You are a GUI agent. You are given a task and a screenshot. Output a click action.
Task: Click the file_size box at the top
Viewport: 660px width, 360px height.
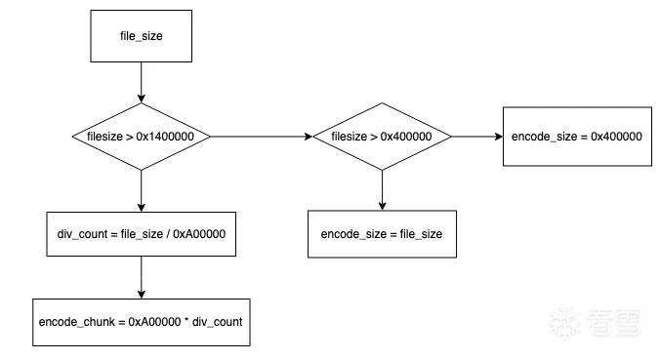coord(141,36)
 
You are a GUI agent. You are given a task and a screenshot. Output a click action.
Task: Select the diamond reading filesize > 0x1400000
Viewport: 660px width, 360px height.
coord(141,137)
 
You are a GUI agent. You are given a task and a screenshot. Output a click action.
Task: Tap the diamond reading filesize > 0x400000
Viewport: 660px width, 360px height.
coord(382,137)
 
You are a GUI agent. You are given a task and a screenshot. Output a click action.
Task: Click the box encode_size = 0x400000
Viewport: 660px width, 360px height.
coord(577,137)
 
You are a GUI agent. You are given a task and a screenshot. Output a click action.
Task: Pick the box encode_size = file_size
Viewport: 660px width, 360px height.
coord(382,234)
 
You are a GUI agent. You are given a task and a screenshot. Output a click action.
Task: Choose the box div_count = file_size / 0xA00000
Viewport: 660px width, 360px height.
coord(141,234)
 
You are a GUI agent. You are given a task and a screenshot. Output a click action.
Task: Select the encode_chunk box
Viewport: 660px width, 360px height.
coord(141,322)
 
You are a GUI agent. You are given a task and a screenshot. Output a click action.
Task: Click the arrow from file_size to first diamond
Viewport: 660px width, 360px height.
coord(141,82)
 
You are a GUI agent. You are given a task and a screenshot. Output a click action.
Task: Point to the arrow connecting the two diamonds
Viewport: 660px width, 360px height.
coord(262,137)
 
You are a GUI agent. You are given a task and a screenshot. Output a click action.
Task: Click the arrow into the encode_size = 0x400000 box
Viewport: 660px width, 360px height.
coord(476,137)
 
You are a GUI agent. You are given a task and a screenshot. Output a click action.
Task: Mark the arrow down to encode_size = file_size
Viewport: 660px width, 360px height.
coord(382,190)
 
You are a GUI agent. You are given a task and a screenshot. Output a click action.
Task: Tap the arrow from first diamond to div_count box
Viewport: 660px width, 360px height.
coord(141,191)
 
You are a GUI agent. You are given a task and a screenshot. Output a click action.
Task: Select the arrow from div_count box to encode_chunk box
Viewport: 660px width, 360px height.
coord(141,278)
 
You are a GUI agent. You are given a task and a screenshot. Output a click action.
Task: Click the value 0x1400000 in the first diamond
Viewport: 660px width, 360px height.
coord(165,137)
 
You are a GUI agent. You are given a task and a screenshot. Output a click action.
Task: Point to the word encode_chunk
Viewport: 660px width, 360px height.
coord(76,322)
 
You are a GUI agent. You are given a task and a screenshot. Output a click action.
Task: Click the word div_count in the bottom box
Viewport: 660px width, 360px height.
coord(217,322)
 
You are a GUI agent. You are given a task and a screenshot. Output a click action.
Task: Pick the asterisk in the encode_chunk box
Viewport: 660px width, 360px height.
coord(186,321)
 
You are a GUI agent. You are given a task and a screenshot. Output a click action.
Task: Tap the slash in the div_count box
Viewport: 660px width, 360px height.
coord(168,234)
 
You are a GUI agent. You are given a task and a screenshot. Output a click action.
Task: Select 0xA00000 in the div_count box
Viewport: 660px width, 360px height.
coord(199,234)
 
